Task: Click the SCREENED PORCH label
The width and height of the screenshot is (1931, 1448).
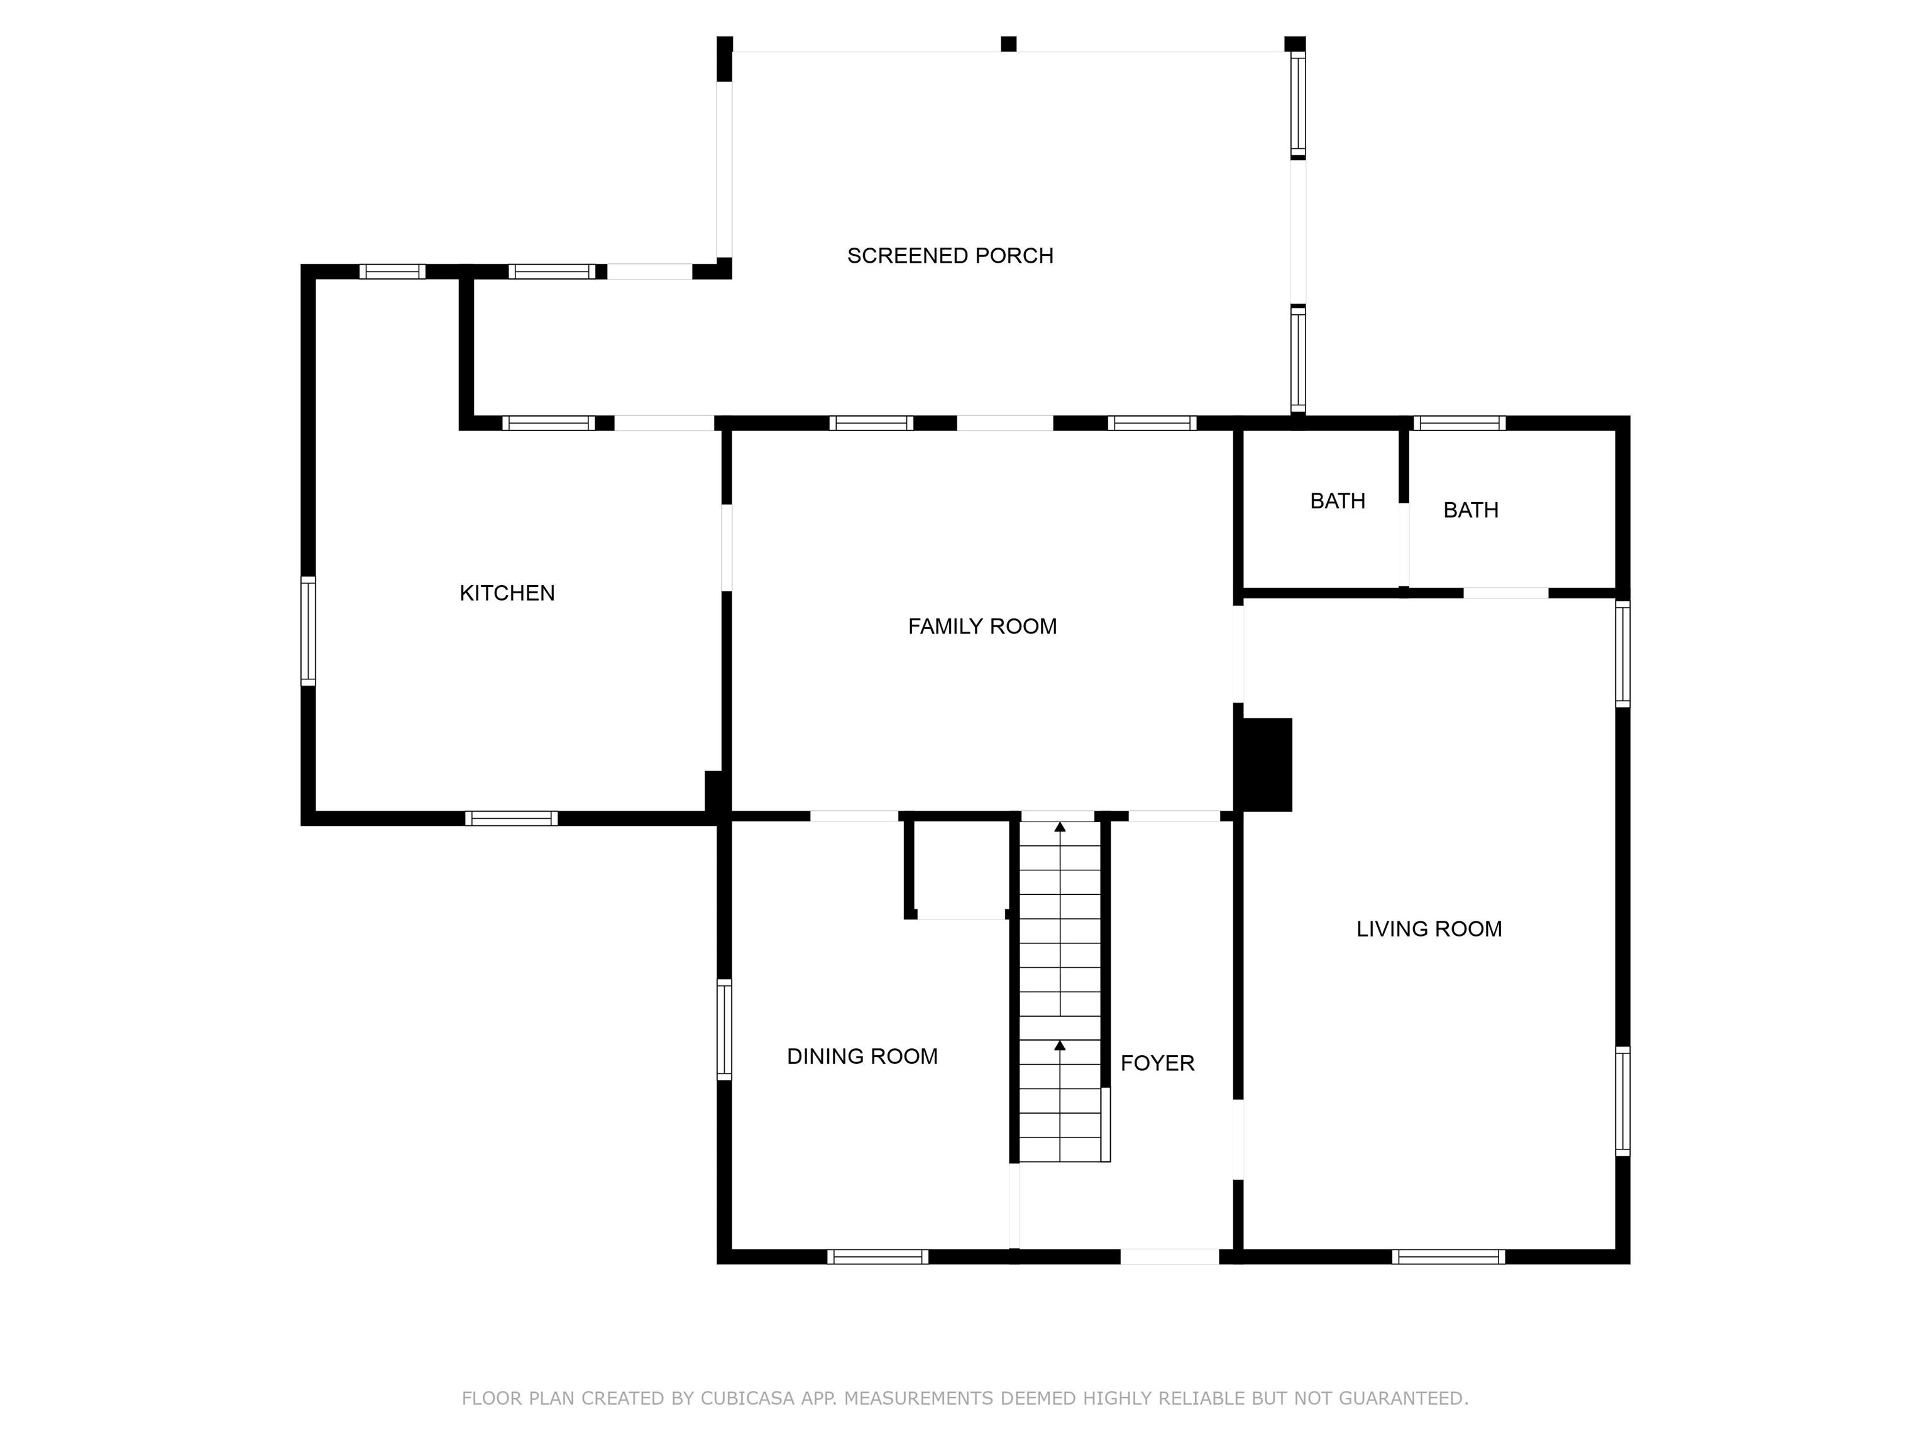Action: [x=950, y=256]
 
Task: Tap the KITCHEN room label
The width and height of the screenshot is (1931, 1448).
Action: [x=507, y=593]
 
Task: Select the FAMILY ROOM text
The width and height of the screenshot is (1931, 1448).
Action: [x=982, y=627]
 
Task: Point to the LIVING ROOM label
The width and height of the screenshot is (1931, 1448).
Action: [x=1429, y=929]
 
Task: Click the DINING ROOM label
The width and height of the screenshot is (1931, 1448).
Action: [x=862, y=1056]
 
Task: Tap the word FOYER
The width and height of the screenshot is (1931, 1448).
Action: [x=1158, y=1063]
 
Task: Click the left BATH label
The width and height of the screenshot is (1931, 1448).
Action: [x=1338, y=501]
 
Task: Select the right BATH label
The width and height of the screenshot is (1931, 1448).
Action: [x=1471, y=510]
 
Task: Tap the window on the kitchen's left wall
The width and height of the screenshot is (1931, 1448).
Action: [x=308, y=630]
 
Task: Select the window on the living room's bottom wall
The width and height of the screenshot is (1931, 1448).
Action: [x=1448, y=1257]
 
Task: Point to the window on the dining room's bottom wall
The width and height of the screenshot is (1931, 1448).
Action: [x=877, y=1257]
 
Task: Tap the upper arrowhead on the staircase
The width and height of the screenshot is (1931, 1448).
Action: [x=1060, y=826]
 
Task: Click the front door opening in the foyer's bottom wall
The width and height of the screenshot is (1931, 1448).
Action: [x=1170, y=1257]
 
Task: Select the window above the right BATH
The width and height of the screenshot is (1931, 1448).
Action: [x=1460, y=424]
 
